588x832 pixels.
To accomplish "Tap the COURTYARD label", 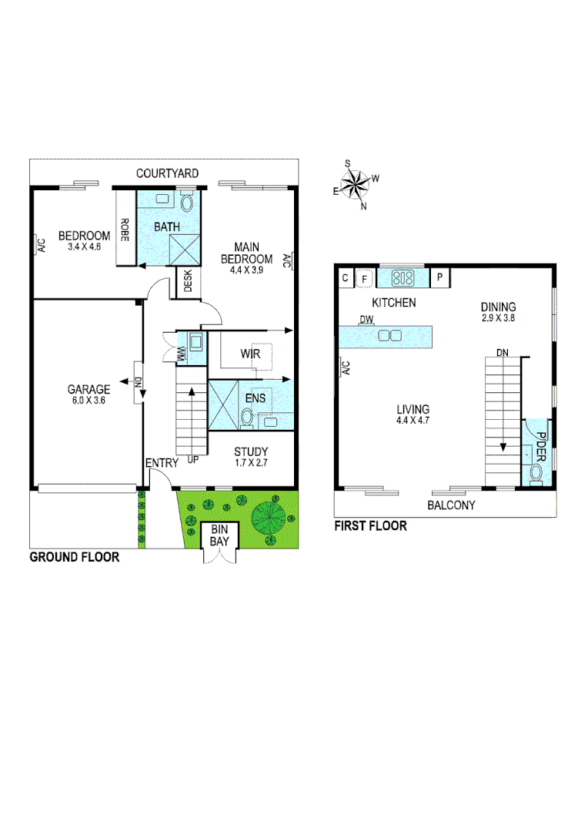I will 167,173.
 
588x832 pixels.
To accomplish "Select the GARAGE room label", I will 89,390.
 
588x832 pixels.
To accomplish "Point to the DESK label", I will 188,283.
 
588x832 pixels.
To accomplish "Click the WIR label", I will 251,354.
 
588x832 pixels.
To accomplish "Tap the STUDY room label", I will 251,451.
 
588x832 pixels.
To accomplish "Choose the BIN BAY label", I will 219,535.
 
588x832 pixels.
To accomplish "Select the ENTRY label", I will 162,463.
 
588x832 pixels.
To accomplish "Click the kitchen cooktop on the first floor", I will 403,277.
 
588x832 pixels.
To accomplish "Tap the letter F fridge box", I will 364,278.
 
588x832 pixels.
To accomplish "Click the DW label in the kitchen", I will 366,320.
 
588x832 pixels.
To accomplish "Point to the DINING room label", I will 498,307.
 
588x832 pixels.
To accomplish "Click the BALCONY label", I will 451,505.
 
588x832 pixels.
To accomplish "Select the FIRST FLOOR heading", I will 370,526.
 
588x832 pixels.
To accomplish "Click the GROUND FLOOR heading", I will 74,557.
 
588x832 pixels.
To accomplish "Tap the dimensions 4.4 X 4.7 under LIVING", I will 413,421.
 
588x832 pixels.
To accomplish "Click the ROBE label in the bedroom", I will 123,230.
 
